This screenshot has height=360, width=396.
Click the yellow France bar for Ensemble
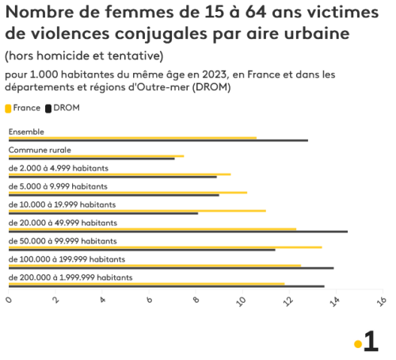click(x=132, y=138)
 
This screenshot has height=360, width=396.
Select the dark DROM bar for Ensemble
click(x=158, y=140)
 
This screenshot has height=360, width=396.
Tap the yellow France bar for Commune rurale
click(x=97, y=156)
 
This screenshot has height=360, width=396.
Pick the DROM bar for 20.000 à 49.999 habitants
click(x=178, y=232)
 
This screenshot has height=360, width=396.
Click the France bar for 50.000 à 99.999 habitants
click(x=166, y=247)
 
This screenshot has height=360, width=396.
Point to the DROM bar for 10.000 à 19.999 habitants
click(x=103, y=213)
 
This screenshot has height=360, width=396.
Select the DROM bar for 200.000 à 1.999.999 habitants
click(x=166, y=286)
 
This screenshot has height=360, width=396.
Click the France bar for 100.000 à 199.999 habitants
click(x=154, y=266)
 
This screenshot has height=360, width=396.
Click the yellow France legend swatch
click(x=8, y=109)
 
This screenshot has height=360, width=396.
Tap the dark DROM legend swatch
click(x=48, y=109)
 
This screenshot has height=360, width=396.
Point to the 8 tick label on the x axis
click(x=196, y=300)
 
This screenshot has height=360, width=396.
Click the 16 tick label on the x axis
click(x=382, y=301)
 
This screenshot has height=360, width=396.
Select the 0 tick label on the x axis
click(x=9, y=300)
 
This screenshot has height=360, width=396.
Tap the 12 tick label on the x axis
click(x=288, y=301)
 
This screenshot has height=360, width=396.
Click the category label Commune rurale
click(x=40, y=150)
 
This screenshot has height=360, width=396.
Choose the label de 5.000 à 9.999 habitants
click(x=58, y=186)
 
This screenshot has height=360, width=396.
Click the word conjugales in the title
click(x=161, y=34)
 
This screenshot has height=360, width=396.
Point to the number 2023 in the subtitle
click(x=214, y=75)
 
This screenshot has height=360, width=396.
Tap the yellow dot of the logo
click(x=358, y=344)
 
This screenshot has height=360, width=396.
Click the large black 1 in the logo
click(x=371, y=341)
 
